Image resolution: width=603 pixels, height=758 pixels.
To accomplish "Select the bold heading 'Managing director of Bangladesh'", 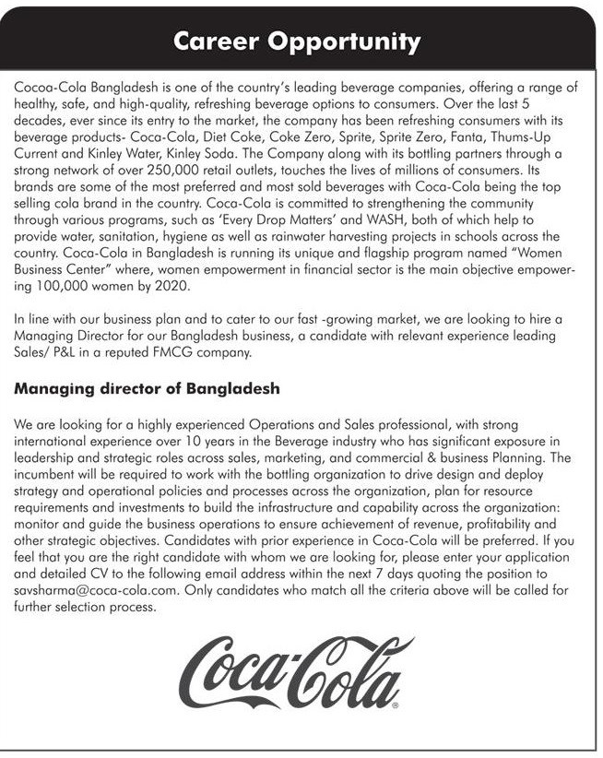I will pyautogui.click(x=147, y=389).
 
